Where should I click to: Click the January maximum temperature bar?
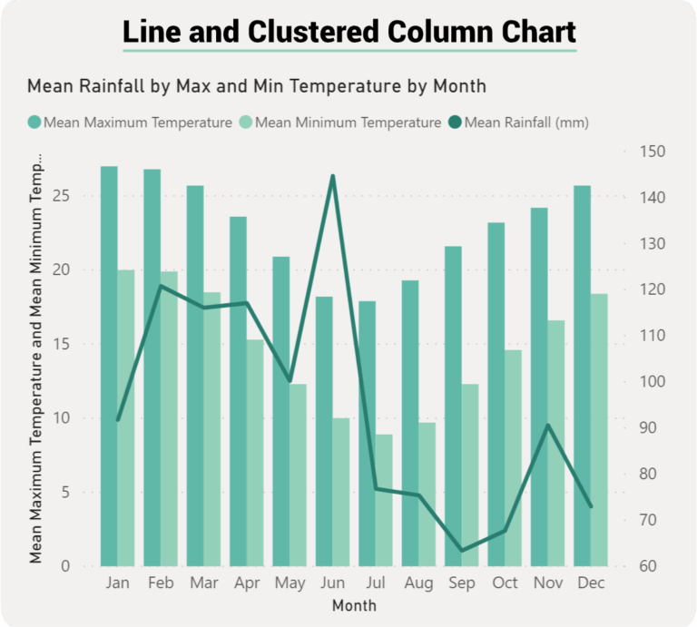[109, 363]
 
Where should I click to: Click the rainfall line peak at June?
[333, 176]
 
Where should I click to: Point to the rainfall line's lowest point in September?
[462, 551]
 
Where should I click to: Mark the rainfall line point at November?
[547, 425]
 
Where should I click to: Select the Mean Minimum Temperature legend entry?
[340, 122]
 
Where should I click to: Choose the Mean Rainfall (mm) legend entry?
[517, 122]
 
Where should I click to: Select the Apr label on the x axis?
[246, 583]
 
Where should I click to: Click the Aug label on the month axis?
[418, 583]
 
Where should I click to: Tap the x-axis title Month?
[353, 604]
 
